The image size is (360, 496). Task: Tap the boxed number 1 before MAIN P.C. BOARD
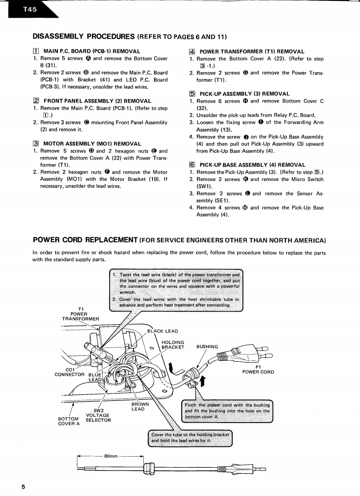coord(37,52)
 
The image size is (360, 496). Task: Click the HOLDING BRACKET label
coord(173,344)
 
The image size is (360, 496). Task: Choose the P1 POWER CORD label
coord(258,369)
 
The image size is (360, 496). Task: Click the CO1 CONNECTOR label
coord(69,372)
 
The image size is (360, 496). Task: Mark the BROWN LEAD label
coord(140,406)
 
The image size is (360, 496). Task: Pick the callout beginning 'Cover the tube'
coord(190,437)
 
